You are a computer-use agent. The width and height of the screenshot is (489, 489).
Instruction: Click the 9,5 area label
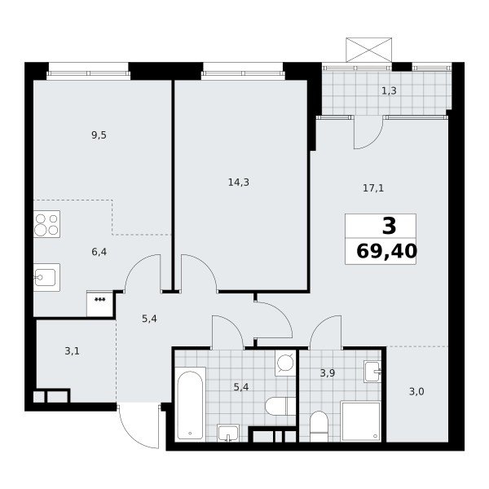coord(99,135)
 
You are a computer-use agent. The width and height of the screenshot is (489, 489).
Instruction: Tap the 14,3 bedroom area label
coord(239,182)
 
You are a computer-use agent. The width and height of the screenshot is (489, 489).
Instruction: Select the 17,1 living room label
coord(373,188)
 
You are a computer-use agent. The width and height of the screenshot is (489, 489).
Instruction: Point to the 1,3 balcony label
coord(390,90)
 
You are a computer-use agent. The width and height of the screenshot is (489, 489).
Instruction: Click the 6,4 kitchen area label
coord(99,252)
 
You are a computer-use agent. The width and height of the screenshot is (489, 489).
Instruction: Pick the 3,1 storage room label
coord(72,351)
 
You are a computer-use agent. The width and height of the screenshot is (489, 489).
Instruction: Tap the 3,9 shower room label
coord(328,372)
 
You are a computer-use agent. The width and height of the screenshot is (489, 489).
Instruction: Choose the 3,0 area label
coord(416,391)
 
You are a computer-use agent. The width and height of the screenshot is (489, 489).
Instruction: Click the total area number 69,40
coord(386,251)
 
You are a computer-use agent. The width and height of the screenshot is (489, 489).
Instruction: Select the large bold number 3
coord(390,226)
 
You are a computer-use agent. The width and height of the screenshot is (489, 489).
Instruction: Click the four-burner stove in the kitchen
coord(46,224)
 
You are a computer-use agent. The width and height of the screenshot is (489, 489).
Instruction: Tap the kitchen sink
coord(46,277)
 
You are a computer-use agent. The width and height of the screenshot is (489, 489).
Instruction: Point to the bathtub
coord(190,404)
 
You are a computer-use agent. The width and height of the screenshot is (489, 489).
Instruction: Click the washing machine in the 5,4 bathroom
coord(285,363)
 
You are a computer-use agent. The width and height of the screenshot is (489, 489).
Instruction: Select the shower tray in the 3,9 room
coord(360,421)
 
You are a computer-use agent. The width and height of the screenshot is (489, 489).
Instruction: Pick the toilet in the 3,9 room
coord(319,426)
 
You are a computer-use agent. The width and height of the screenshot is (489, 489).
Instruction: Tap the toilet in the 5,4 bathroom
coord(280,406)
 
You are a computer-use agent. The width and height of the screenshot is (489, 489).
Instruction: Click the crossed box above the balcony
coord(369,50)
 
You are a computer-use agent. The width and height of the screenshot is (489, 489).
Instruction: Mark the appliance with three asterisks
coord(99,303)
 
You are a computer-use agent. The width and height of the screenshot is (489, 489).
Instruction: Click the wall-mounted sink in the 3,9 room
coord(372,372)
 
